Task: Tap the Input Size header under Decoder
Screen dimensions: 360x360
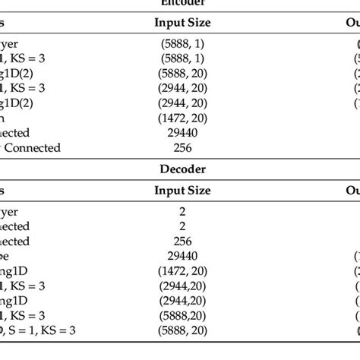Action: pos(182,190)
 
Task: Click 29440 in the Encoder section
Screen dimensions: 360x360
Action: pos(182,131)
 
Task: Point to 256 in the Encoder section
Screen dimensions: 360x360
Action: pos(182,147)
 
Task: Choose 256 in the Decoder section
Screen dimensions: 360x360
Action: pos(182,242)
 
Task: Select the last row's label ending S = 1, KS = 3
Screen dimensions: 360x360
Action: pos(38,330)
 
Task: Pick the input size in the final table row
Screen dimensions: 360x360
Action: pos(182,330)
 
